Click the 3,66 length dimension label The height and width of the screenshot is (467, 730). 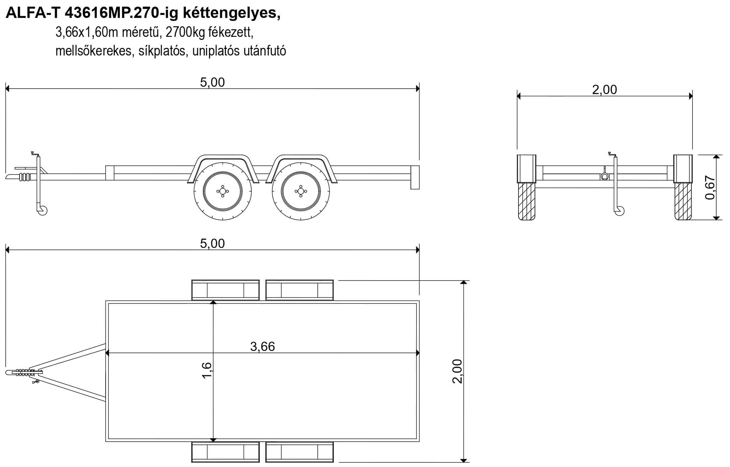[x=262, y=346]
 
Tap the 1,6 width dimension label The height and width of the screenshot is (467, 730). [x=206, y=370]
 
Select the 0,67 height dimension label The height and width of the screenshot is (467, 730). [x=710, y=188]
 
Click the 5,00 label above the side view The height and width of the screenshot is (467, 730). [x=212, y=82]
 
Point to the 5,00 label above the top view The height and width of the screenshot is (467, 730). [x=212, y=243]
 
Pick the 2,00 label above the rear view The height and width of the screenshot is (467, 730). [x=604, y=89]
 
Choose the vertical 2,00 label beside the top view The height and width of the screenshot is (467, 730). [x=457, y=371]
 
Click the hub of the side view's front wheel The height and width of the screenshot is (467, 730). [x=223, y=191]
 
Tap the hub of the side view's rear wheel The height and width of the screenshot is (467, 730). [x=301, y=191]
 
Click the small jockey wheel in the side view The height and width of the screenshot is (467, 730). [x=43, y=210]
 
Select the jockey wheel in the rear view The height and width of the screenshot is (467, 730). [x=619, y=211]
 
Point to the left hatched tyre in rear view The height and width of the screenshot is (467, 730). [x=527, y=201]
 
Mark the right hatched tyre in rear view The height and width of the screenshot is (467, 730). [x=683, y=201]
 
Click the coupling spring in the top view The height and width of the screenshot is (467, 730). [x=25, y=372]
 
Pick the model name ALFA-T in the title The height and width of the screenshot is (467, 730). [x=34, y=13]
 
